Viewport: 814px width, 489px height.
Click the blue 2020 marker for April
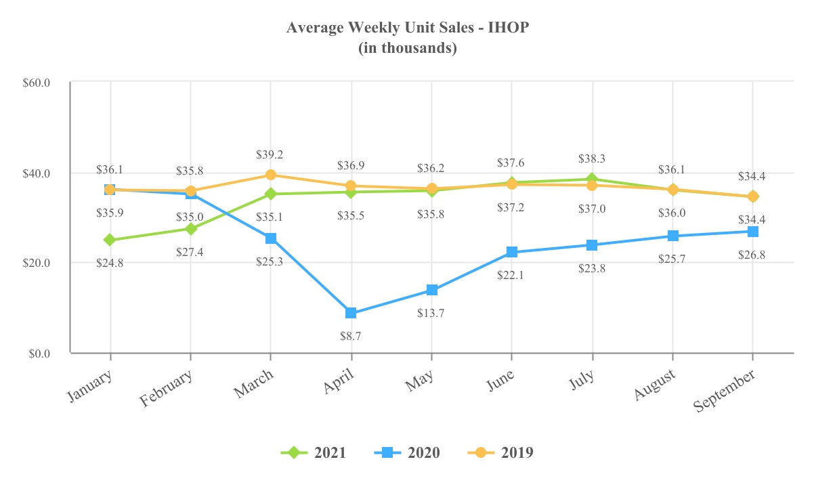click(351, 313)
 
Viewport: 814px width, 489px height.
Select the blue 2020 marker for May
click(431, 291)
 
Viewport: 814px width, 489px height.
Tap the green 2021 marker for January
click(110, 240)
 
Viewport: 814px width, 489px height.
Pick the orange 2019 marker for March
click(270, 175)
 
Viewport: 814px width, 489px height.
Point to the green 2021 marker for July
click(593, 179)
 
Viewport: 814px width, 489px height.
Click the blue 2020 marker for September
click(752, 232)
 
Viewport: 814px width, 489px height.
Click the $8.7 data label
click(351, 336)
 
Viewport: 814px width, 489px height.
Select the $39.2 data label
click(270, 154)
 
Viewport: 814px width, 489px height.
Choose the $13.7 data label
click(431, 314)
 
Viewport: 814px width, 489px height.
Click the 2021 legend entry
click(314, 453)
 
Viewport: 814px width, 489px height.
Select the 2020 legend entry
click(407, 453)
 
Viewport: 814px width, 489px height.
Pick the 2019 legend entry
click(500, 453)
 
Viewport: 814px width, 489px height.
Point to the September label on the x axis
click(725, 392)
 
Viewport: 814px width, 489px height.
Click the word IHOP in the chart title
click(507, 28)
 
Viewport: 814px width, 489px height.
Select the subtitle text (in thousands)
click(407, 48)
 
